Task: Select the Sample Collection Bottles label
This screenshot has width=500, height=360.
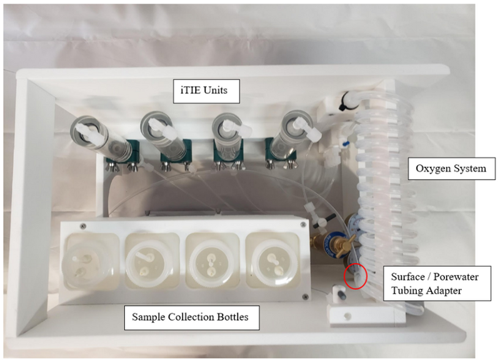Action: pos(190,317)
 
